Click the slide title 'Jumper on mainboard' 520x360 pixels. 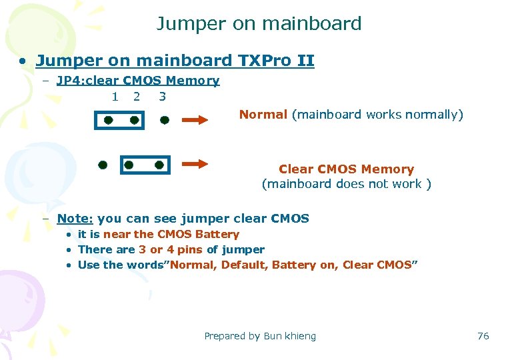pos(259,24)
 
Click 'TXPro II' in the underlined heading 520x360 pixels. pos(276,61)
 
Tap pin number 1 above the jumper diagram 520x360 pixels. pos(115,96)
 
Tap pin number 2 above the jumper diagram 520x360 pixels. pos(137,96)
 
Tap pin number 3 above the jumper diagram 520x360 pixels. pos(163,96)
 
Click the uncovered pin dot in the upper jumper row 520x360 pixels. pos(165,121)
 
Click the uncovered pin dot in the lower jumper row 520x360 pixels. pos(103,164)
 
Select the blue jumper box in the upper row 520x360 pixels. pos(121,121)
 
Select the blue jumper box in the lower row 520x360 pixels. pos(145,165)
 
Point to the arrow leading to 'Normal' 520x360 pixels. pos(195,121)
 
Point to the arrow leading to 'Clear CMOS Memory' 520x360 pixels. pos(195,164)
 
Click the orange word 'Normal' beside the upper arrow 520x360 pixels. pos(263,115)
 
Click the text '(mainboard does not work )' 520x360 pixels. pos(346,184)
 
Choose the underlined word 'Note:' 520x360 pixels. pos(75,219)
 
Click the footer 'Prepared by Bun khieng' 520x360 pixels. pos(260,336)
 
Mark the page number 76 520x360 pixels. pos(483,336)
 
